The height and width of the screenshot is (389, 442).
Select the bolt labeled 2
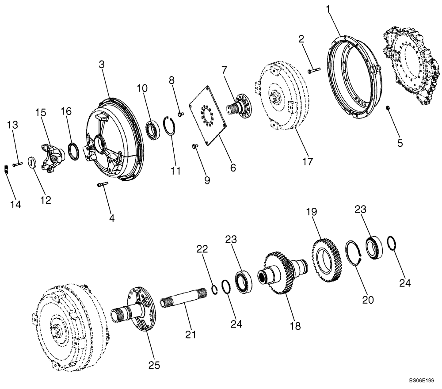[313, 69]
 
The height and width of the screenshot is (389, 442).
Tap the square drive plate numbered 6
[208, 116]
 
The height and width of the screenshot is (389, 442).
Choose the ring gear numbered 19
[326, 260]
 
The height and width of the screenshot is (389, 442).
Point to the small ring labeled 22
[213, 290]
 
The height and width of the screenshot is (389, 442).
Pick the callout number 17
[308, 162]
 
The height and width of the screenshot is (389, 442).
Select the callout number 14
[15, 204]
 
